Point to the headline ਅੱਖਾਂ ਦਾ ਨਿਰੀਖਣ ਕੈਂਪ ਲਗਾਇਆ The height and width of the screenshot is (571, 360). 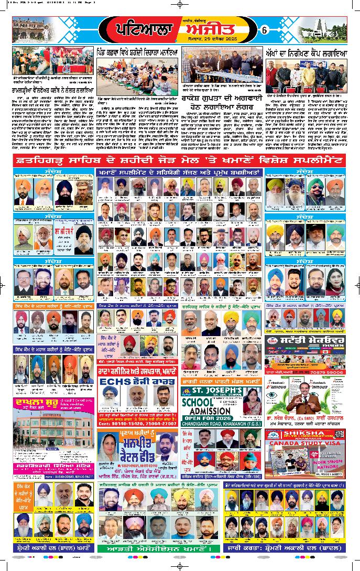pyautogui.click(x=304, y=52)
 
